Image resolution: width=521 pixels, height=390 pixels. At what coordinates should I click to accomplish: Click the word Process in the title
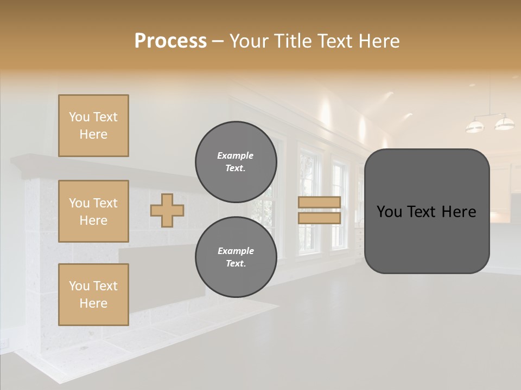(x=170, y=41)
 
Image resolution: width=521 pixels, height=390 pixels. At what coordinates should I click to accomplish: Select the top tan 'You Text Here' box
(x=93, y=126)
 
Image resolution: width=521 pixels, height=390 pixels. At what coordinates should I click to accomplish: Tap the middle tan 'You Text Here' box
(x=93, y=211)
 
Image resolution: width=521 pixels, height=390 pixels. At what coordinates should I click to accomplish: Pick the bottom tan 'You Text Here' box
(x=93, y=295)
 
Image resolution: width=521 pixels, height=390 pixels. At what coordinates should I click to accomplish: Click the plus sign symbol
(x=167, y=210)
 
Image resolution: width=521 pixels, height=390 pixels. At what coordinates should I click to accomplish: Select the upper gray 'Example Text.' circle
(x=236, y=162)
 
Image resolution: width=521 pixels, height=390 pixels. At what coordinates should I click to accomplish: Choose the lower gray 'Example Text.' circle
(x=236, y=257)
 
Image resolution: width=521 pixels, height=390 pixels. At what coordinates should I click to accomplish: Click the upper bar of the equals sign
(x=319, y=202)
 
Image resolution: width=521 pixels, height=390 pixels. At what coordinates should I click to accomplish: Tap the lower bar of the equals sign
(x=319, y=218)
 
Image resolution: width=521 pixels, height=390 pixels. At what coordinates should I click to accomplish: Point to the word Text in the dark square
(x=427, y=211)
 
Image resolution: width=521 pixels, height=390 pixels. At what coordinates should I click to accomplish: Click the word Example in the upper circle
(x=235, y=155)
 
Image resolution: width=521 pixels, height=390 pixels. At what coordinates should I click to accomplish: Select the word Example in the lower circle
(x=236, y=251)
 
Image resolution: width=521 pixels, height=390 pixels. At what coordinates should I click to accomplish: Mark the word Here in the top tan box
(x=93, y=134)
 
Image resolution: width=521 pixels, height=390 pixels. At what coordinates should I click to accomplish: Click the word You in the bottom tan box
(x=79, y=286)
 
